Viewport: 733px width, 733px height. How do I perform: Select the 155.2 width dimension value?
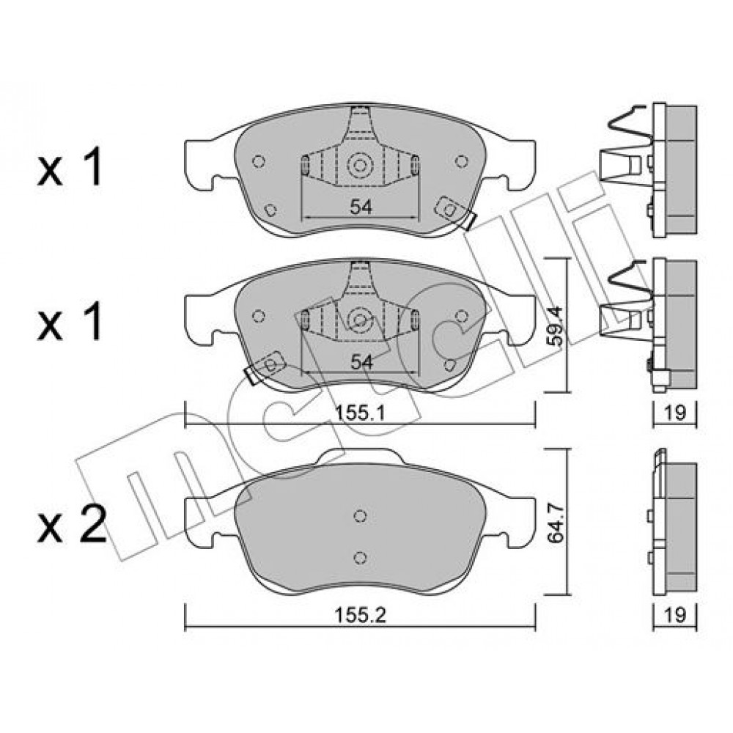(x=360, y=616)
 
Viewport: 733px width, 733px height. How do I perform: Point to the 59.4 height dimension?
(x=556, y=326)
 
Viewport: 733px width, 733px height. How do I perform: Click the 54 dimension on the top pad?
(x=361, y=207)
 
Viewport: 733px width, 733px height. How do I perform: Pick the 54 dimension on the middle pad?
(x=361, y=362)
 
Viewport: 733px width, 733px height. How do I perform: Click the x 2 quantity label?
(x=72, y=526)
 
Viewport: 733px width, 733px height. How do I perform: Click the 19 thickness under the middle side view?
(x=674, y=413)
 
